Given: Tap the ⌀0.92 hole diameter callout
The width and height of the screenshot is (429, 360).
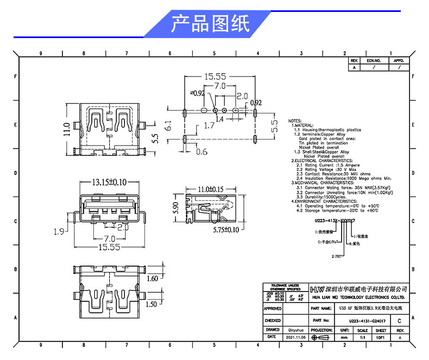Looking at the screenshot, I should (x=197, y=93).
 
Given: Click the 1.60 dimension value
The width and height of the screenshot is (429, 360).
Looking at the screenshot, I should (x=153, y=279).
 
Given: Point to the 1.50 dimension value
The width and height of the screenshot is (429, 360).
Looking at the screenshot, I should (x=153, y=305).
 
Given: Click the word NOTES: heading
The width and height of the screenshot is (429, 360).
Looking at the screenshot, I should (x=295, y=121).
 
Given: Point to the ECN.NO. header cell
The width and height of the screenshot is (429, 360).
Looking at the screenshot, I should (x=374, y=61).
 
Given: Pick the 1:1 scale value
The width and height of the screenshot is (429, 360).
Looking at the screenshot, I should (x=362, y=337).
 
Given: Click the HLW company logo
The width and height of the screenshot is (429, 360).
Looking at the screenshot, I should (x=317, y=288).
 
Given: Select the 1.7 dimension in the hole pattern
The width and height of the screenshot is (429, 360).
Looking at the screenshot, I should (x=209, y=125).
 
